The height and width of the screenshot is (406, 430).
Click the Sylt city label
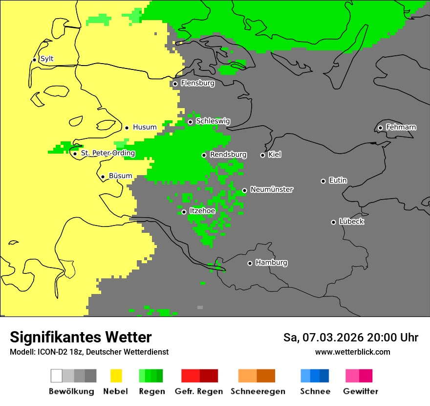[x=47, y=59]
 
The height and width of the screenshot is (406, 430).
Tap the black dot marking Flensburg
[x=175, y=84]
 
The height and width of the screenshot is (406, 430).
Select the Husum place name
[x=145, y=127]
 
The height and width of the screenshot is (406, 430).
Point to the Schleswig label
[x=213, y=121]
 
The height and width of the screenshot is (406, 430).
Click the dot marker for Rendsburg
[x=204, y=155]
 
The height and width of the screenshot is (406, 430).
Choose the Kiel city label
[x=275, y=155]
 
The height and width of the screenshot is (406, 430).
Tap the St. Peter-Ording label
[x=107, y=153]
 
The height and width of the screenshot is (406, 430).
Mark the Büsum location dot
[x=103, y=177]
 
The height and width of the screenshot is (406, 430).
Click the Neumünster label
[x=271, y=189]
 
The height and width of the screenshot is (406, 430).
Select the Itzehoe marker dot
[x=184, y=212]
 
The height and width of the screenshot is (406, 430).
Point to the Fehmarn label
[x=401, y=127]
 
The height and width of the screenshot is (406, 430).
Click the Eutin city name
[x=338, y=180]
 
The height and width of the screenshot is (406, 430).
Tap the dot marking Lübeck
[x=333, y=222]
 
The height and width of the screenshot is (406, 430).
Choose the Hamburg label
[x=271, y=263]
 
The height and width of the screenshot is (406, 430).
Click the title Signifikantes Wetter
[x=81, y=337]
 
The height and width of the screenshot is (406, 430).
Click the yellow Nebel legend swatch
[x=116, y=376]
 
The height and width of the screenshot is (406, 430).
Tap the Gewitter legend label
[x=360, y=391]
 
